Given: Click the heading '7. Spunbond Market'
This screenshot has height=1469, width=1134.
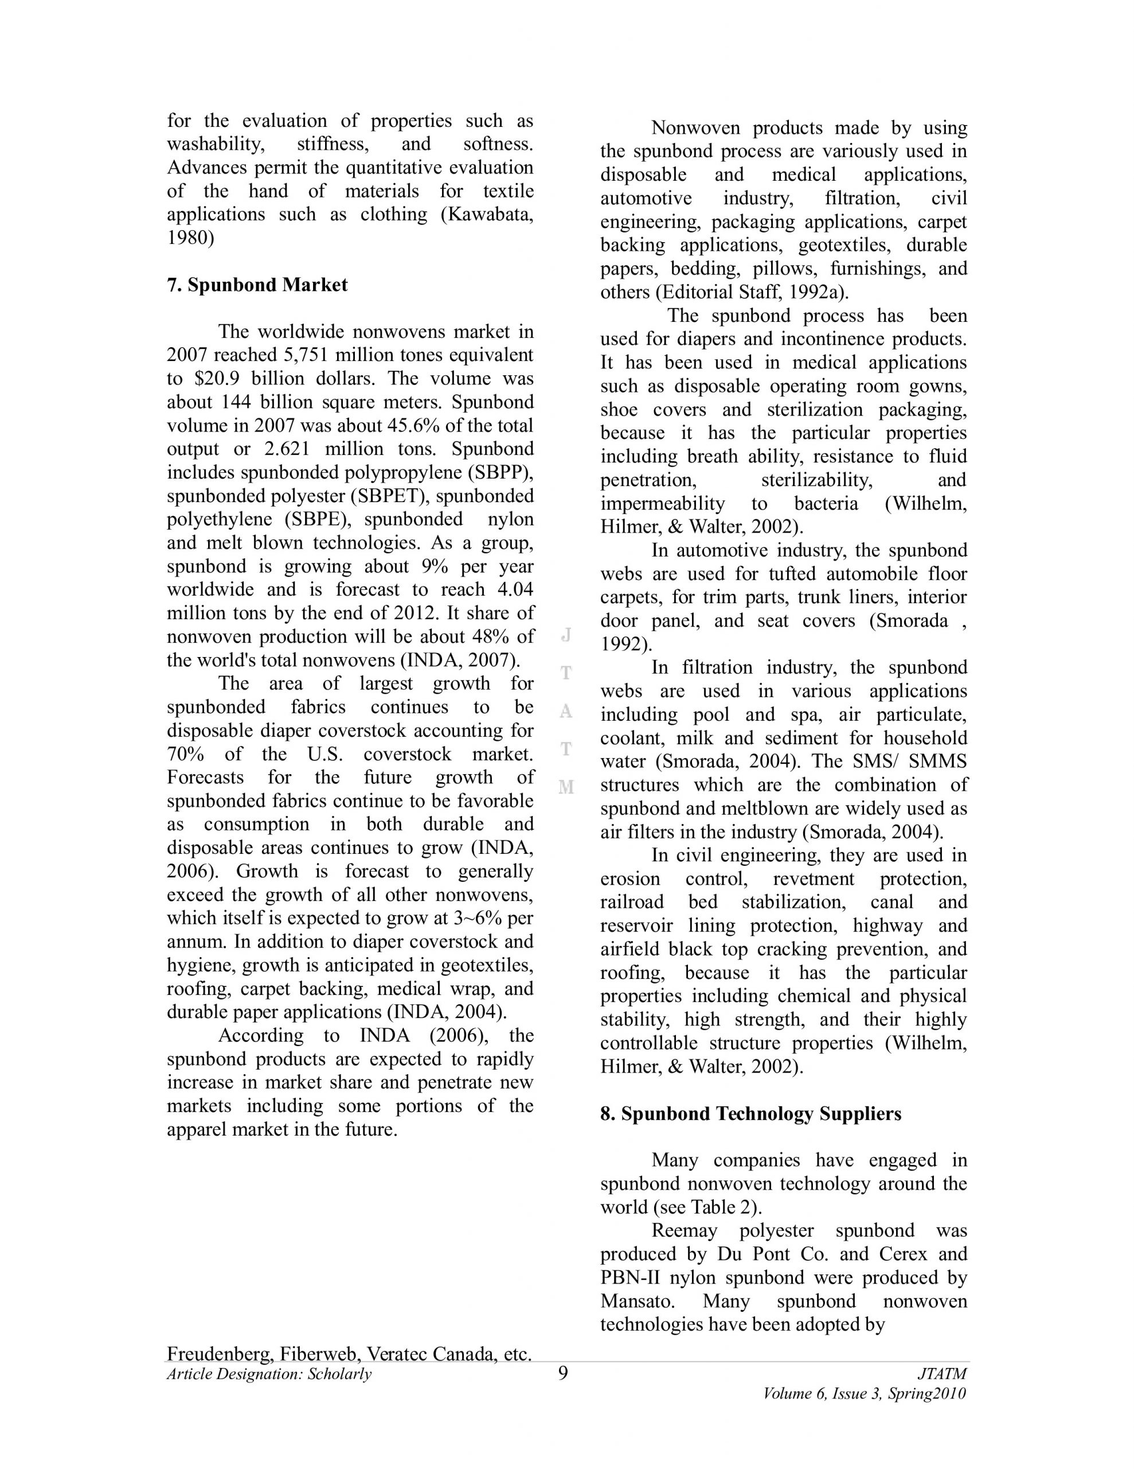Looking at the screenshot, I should coord(257,285).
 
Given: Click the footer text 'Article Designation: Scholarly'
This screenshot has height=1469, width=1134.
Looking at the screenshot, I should coord(269,1374).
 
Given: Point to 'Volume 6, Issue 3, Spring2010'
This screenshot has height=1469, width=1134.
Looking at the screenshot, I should coord(865,1394).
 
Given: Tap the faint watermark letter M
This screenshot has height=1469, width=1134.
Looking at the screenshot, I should coord(566,786).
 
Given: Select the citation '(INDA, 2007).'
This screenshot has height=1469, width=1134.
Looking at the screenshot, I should coord(460,660).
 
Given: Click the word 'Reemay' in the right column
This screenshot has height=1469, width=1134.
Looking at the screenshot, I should coord(683,1231).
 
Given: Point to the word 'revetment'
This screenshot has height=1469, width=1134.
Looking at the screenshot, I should coord(814,879).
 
